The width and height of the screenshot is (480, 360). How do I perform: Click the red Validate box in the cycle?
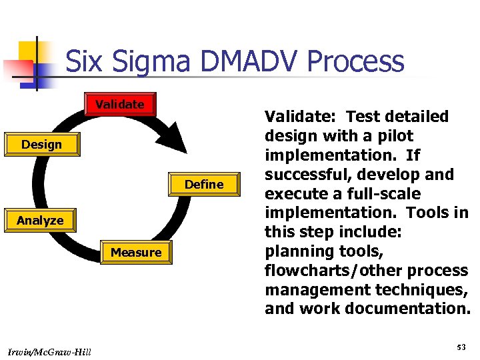(120, 105)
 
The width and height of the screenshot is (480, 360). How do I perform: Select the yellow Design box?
(41, 145)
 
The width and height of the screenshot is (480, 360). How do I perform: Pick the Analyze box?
(40, 221)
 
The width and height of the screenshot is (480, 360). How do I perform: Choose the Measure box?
(136, 253)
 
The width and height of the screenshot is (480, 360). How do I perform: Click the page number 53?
(461, 347)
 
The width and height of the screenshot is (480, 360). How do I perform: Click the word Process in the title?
(361, 61)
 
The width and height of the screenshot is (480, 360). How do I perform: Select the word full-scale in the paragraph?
(387, 194)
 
